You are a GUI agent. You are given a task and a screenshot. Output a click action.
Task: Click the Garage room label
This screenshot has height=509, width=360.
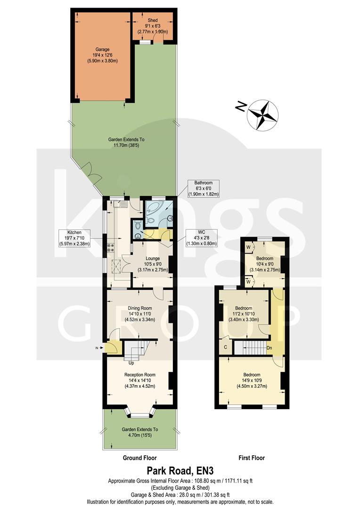pyautogui.click(x=102, y=55)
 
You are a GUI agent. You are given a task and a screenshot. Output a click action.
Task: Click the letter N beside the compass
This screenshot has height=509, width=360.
pyautogui.click(x=241, y=107)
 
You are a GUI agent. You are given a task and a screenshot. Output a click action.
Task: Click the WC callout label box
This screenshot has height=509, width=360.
pyautogui.click(x=202, y=238)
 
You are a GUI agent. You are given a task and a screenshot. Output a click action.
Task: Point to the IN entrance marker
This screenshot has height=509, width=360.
pyautogui.click(x=98, y=348)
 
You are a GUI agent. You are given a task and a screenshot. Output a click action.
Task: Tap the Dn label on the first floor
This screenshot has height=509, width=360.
pyautogui.click(x=269, y=348)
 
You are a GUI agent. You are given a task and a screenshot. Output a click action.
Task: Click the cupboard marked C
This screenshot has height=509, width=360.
pyautogui.click(x=226, y=347)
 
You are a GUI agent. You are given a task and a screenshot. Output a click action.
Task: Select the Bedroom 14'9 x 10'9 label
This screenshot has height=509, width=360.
pyautogui.click(x=252, y=381)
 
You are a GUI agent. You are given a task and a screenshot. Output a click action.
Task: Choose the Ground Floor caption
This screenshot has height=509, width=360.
pyautogui.click(x=139, y=458)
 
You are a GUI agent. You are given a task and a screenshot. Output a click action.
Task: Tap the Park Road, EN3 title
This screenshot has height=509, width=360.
pyautogui.click(x=180, y=470)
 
